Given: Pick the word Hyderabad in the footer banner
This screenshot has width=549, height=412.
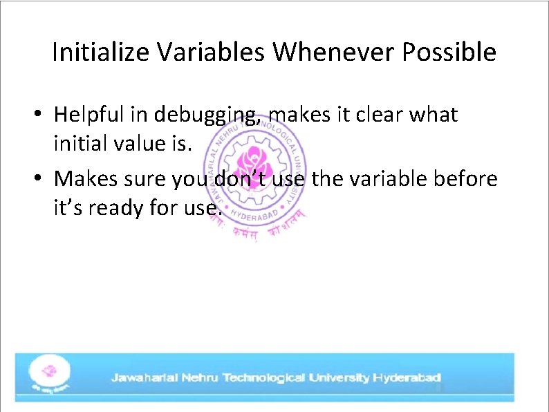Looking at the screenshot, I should point(407,378).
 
